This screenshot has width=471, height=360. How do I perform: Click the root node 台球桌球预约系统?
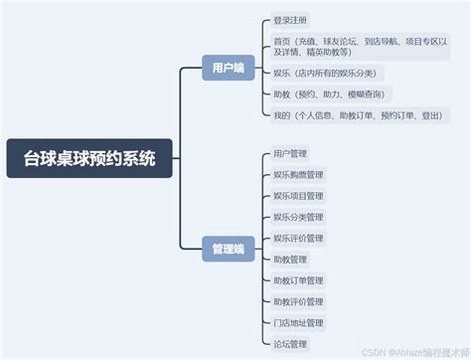[x=89, y=158]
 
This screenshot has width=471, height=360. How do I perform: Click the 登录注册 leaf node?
[x=290, y=20]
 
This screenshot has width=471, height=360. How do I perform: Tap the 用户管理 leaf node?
[x=290, y=154]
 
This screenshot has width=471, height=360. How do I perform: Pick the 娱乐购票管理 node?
[x=298, y=175]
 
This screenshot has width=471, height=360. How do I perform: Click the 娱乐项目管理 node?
[x=298, y=196]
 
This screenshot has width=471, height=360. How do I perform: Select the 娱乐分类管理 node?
[x=298, y=217]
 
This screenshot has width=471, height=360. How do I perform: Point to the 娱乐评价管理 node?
[x=298, y=238]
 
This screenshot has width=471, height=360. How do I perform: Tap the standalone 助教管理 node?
[x=290, y=260]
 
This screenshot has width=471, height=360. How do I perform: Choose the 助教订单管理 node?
[x=298, y=280]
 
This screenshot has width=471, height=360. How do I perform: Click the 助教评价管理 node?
[x=298, y=301]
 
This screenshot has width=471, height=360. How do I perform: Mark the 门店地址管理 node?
[x=298, y=322]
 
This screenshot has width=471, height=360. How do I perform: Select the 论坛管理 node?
[x=290, y=343]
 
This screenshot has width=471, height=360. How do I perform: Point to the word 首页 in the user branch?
[x=281, y=41]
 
